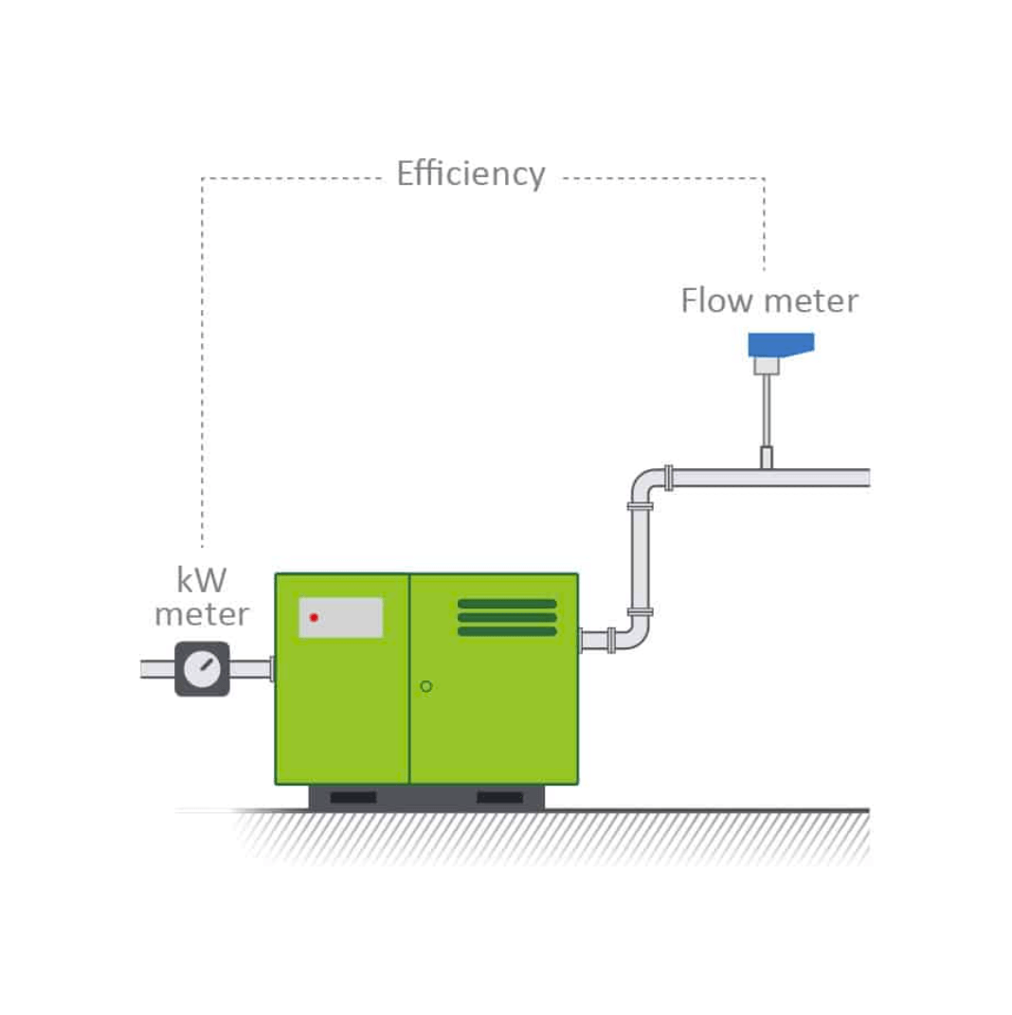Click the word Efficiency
pos(470,175)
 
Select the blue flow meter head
pos(780,344)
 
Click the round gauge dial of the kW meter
pos(202,669)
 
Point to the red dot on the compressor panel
pos(314,618)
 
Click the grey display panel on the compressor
pos(341,617)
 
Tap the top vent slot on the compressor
pos(506,604)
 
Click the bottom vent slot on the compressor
pos(506,631)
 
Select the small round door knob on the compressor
pos(426,685)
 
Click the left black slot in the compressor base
pos(352,797)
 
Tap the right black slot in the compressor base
pos(499,797)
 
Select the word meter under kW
pos(202,614)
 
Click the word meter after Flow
pos(811,301)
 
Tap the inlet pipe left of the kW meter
pos(157,669)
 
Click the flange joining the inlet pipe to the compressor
pos(272,669)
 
